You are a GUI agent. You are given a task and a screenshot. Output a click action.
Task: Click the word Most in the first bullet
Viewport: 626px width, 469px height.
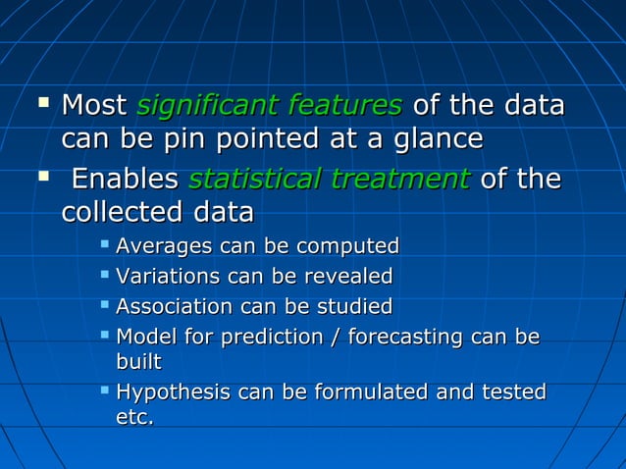(x=94, y=105)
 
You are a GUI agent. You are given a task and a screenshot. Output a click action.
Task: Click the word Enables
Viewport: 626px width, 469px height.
(x=126, y=180)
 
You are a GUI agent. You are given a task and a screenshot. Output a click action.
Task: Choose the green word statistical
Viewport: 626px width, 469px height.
(x=250, y=180)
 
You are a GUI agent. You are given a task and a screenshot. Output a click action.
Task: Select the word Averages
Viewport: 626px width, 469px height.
(x=164, y=245)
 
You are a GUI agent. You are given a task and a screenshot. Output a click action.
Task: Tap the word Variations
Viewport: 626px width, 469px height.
(x=167, y=276)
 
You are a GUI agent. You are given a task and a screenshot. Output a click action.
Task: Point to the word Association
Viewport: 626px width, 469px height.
(x=174, y=306)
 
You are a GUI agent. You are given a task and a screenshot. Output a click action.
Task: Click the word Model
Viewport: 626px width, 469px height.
(x=143, y=338)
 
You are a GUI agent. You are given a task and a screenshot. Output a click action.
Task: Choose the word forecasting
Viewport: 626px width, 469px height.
(x=405, y=338)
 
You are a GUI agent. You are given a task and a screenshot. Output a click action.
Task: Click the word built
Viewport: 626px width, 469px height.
(x=138, y=362)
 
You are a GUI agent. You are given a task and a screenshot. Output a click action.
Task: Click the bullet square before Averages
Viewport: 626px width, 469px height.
(x=105, y=243)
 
